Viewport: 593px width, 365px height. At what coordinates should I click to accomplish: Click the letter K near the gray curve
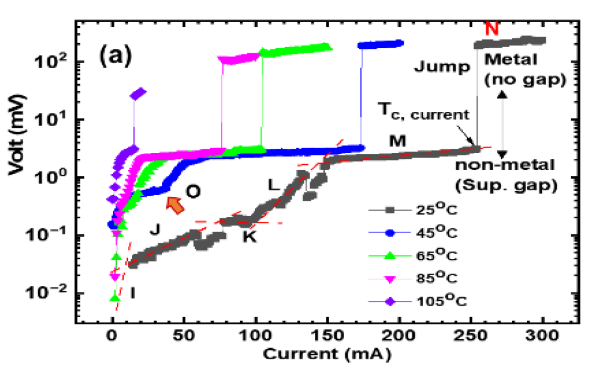[x=249, y=237]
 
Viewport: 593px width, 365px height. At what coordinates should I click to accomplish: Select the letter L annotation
[x=273, y=186]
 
